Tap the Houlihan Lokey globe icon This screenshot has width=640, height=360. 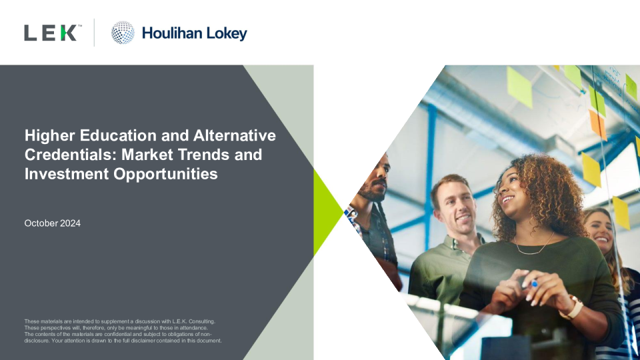pos(123,33)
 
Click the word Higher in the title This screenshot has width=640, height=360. pos(50,136)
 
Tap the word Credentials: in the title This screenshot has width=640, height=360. pos(71,155)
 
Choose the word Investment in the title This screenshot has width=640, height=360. pos(67,174)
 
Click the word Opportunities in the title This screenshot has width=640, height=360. pos(165,175)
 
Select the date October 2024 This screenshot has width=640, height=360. pos(52,223)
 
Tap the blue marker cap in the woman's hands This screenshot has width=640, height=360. pos(534,284)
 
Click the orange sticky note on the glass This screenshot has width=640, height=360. pos(597,125)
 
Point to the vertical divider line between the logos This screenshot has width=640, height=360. pos(94,33)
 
